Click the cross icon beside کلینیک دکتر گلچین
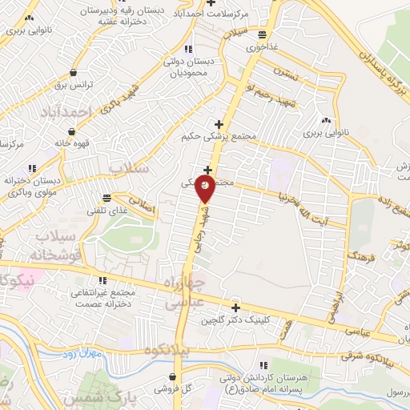click(x=235, y=307)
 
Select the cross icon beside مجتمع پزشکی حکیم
click(x=219, y=123)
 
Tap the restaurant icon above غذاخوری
click(x=263, y=34)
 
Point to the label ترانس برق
click(x=79, y=84)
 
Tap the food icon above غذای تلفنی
click(x=107, y=197)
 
